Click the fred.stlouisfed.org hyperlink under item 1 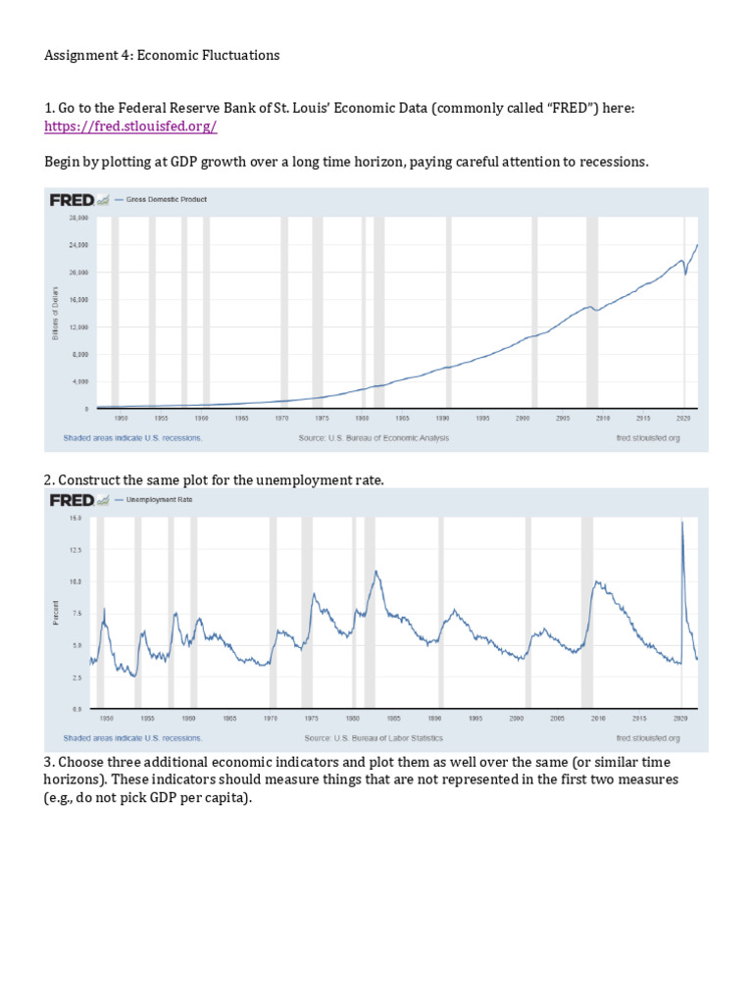coord(130,127)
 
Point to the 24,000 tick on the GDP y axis coord(77,244)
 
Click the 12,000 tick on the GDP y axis coord(77,326)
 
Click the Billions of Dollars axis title coord(57,313)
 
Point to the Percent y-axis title coord(57,614)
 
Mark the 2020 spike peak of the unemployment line coord(681,522)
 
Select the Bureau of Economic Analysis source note coord(374,438)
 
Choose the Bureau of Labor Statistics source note coord(374,737)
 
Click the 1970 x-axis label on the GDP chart coord(281,418)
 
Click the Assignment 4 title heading coord(162,55)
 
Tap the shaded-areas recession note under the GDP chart coord(132,438)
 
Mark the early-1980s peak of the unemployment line coord(375,571)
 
